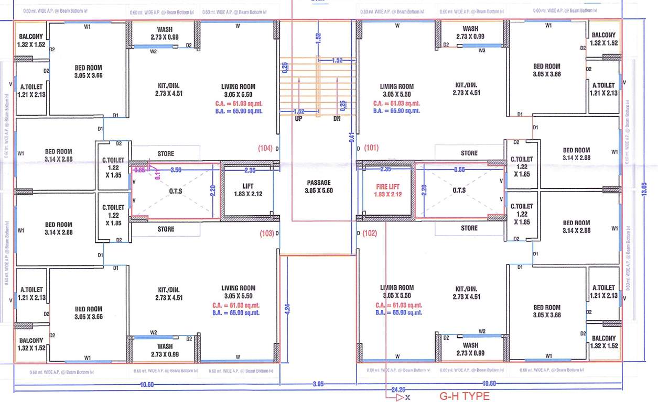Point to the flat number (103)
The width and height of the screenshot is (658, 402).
[x=266, y=233]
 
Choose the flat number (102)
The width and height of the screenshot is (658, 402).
[x=370, y=233]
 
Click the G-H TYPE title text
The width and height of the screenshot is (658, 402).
[x=464, y=396]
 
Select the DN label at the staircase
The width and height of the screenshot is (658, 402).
[x=337, y=119]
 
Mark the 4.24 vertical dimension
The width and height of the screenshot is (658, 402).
[x=287, y=309]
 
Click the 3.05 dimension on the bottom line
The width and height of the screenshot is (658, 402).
[x=318, y=384]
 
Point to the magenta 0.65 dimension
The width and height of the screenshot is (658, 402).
[x=139, y=170]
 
